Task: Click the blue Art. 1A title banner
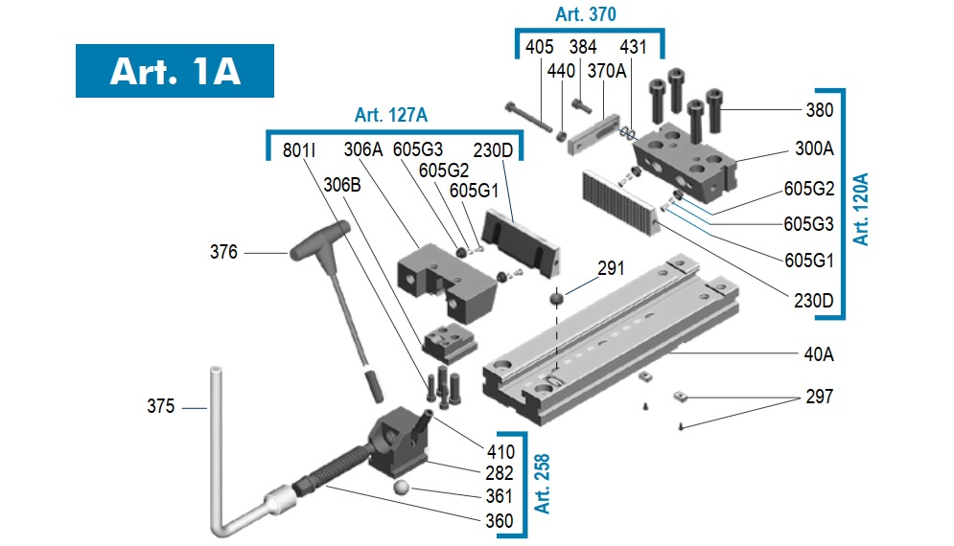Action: [x=175, y=71]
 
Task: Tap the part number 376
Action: [x=223, y=252]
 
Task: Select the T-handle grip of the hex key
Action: [x=320, y=240]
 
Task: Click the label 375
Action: [x=161, y=406]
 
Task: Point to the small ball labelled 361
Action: [x=401, y=487]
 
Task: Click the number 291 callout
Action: [x=611, y=268]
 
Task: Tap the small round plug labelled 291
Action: [x=556, y=298]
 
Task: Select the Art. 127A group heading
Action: [x=391, y=115]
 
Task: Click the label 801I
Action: [x=299, y=150]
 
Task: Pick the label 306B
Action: [x=342, y=185]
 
